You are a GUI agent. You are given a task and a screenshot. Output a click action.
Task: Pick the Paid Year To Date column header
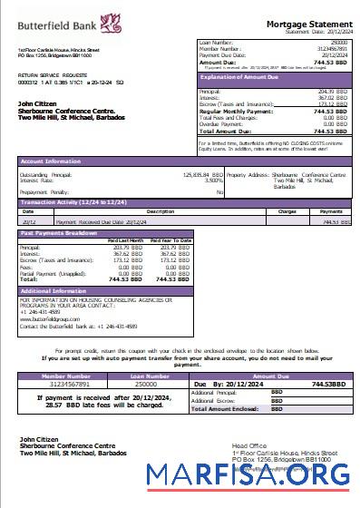click(170, 240)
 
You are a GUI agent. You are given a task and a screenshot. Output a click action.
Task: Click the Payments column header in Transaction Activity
click(332, 210)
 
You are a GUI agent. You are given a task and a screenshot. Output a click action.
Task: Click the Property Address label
click(248, 173)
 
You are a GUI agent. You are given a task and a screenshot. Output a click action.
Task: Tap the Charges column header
click(287, 210)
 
